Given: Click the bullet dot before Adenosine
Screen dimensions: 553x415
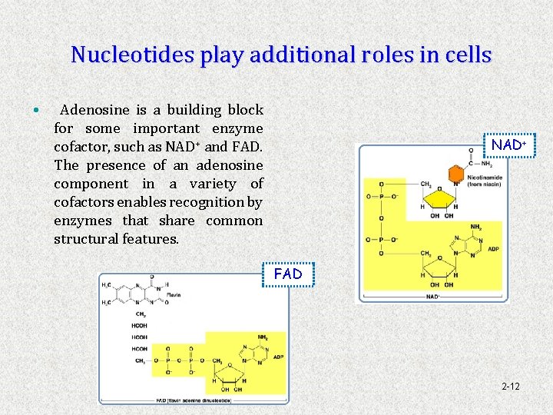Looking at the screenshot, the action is [37, 111].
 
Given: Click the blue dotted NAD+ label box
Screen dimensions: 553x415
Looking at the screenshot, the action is [508, 144].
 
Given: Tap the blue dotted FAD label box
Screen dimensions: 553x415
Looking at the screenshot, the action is [288, 274].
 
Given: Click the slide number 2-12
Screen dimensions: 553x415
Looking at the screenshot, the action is [510, 386].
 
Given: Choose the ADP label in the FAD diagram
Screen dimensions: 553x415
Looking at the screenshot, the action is [278, 357].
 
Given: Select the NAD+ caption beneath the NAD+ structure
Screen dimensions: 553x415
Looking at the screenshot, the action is [432, 295].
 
